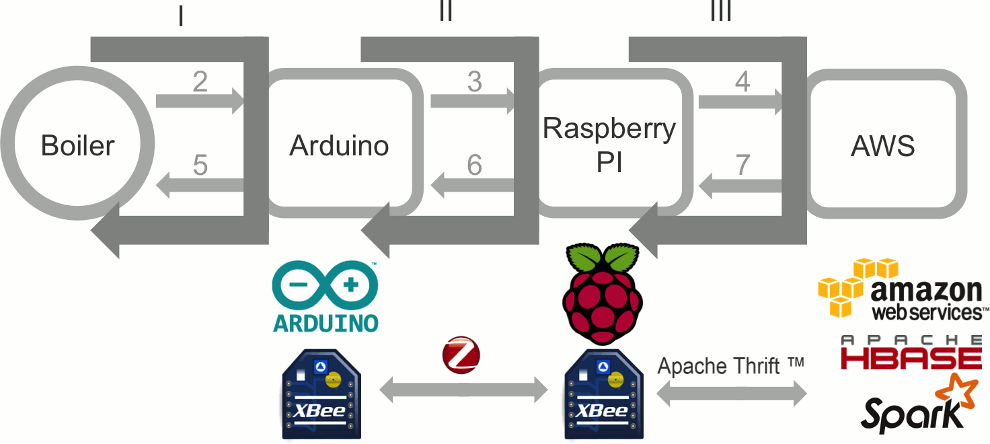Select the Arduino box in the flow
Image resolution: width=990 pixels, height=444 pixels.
[340, 146]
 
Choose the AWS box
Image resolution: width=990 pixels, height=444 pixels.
[883, 146]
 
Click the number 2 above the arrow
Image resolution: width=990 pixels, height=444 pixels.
[200, 82]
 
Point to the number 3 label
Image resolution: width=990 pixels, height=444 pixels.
[475, 82]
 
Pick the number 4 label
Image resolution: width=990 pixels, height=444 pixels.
[742, 82]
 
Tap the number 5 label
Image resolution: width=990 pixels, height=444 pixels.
[200, 165]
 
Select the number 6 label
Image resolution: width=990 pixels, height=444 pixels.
[475, 165]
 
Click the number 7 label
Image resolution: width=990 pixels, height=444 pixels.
[742, 165]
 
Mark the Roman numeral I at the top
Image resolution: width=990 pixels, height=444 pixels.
[180, 16]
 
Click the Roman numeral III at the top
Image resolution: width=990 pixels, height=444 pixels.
[720, 12]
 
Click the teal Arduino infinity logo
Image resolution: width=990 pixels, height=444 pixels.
[325, 285]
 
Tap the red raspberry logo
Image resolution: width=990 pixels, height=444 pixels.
[601, 296]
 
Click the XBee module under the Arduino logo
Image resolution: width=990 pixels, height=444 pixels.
[321, 396]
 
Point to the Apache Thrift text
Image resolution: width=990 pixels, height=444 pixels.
[730, 366]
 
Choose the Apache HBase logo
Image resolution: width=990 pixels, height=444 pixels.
[911, 352]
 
